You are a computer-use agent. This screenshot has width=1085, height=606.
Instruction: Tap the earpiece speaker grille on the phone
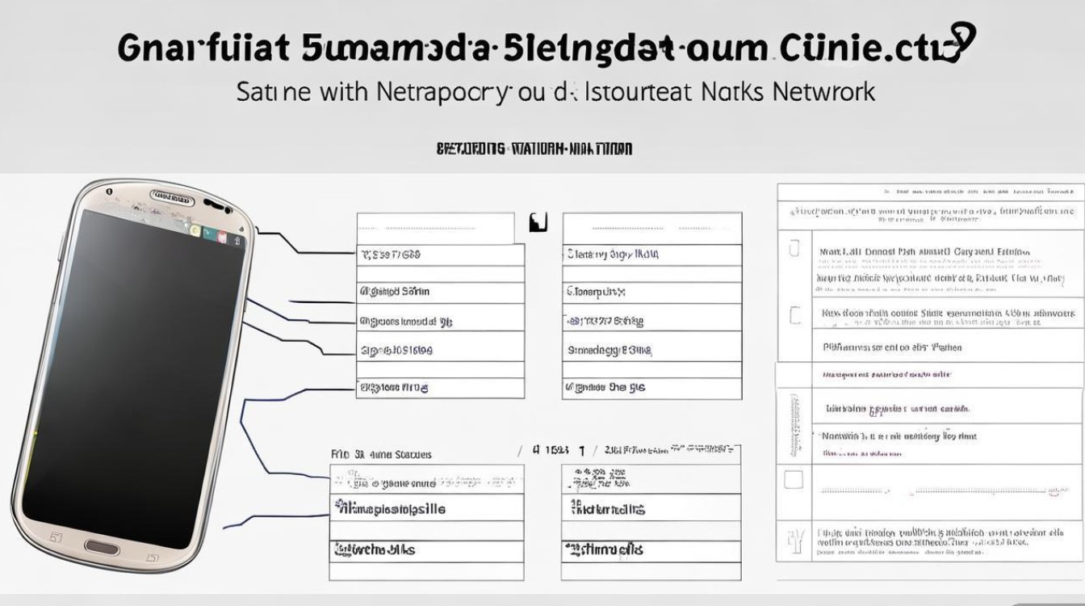(172, 196)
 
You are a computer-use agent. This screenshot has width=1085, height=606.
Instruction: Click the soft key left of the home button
(56, 536)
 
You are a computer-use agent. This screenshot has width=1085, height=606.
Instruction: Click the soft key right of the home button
(152, 556)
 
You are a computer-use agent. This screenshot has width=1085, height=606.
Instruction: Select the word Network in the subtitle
(823, 91)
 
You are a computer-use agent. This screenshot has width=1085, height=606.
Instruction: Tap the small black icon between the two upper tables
(538, 222)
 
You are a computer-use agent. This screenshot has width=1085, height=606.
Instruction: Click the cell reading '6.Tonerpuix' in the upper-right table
(597, 292)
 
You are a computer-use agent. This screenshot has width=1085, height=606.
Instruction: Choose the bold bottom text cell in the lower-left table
(376, 549)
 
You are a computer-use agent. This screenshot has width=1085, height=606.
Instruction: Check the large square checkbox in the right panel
(794, 481)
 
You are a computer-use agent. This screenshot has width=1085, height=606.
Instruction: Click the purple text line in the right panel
(886, 375)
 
